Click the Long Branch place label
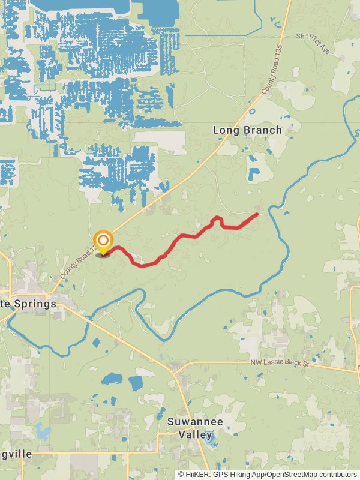point(247,130)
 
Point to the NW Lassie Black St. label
point(290,364)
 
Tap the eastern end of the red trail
point(257,214)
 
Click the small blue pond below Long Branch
point(254,175)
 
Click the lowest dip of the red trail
point(142,265)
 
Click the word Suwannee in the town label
point(194,422)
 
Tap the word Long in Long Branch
point(226,130)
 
